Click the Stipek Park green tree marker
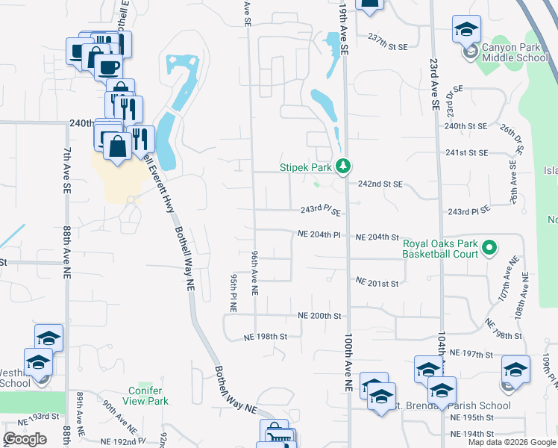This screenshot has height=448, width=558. (x=343, y=166)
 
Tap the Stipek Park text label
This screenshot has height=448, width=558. (x=306, y=167)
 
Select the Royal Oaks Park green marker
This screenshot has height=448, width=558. (x=489, y=246)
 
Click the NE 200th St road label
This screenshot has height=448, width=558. (x=319, y=316)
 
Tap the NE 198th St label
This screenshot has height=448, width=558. (x=265, y=337)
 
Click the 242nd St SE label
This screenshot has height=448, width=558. (x=380, y=184)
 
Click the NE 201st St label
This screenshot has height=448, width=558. (x=377, y=283)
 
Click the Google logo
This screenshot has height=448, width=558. (x=25, y=439)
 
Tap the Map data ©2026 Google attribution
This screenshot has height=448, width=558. (x=512, y=442)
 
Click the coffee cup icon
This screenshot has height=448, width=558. (x=109, y=66)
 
